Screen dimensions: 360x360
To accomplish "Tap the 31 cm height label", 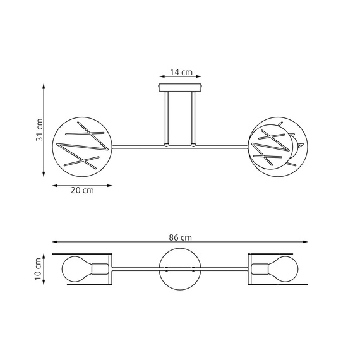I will pyautogui.click(x=39, y=131).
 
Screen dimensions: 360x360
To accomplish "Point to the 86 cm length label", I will pyautogui.click(x=180, y=237).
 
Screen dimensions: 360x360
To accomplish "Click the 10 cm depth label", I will pyautogui.click(x=39, y=269).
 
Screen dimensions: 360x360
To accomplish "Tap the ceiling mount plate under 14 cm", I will pyautogui.click(x=180, y=88).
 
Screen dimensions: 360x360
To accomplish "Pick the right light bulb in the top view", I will pyautogui.click(x=284, y=269).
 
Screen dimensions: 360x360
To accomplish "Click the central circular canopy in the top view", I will pyautogui.click(x=180, y=269).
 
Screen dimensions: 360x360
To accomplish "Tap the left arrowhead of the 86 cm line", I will pyautogui.click(x=55, y=242).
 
